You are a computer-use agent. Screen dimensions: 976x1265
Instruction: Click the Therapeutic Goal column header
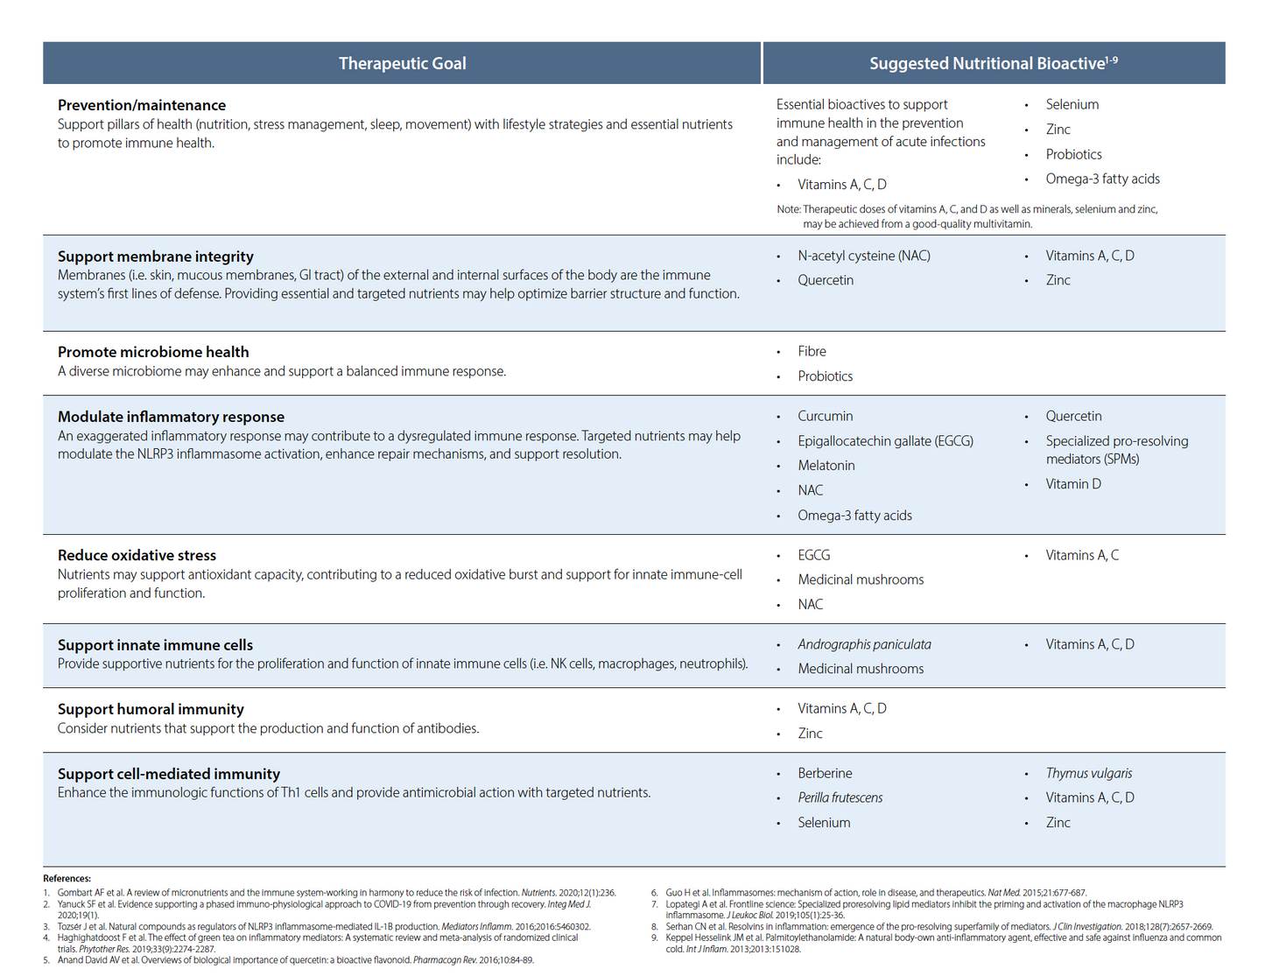pyautogui.click(x=402, y=63)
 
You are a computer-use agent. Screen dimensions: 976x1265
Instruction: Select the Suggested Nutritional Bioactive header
pyautogui.click(x=993, y=63)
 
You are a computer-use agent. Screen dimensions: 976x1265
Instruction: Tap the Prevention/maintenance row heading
pyautogui.click(x=142, y=105)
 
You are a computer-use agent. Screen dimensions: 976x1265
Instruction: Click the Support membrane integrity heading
pyautogui.click(x=156, y=256)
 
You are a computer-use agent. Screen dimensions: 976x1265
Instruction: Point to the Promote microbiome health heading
pyautogui.click(x=153, y=352)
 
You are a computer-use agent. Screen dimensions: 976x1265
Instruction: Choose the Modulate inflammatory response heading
pyautogui.click(x=171, y=417)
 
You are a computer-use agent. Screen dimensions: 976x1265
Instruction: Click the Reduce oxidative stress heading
pyautogui.click(x=137, y=555)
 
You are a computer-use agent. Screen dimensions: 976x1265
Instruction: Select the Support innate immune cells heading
pyautogui.click(x=155, y=645)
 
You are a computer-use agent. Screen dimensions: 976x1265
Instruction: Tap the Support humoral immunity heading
pyautogui.click(x=151, y=709)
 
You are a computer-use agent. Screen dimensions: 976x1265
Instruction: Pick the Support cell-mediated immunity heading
pyautogui.click(x=169, y=774)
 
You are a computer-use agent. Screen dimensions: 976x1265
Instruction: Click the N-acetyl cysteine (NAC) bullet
pyautogui.click(x=863, y=256)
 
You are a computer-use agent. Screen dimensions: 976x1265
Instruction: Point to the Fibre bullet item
pyautogui.click(x=812, y=351)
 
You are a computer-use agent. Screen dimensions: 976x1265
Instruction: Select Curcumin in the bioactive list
pyautogui.click(x=825, y=416)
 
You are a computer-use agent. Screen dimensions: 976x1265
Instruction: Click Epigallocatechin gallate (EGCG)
pyautogui.click(x=885, y=440)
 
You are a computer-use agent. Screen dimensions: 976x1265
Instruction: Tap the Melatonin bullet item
pyautogui.click(x=826, y=465)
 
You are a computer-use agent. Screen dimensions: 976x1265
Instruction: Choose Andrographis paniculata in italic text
pyautogui.click(x=864, y=644)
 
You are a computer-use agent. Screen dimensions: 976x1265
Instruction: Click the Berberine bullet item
pyautogui.click(x=825, y=773)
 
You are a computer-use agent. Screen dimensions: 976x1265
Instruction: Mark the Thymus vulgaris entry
pyautogui.click(x=1088, y=773)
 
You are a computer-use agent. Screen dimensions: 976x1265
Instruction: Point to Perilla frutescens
pyautogui.click(x=840, y=797)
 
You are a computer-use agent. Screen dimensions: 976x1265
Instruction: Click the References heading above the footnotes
pyautogui.click(x=67, y=878)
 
